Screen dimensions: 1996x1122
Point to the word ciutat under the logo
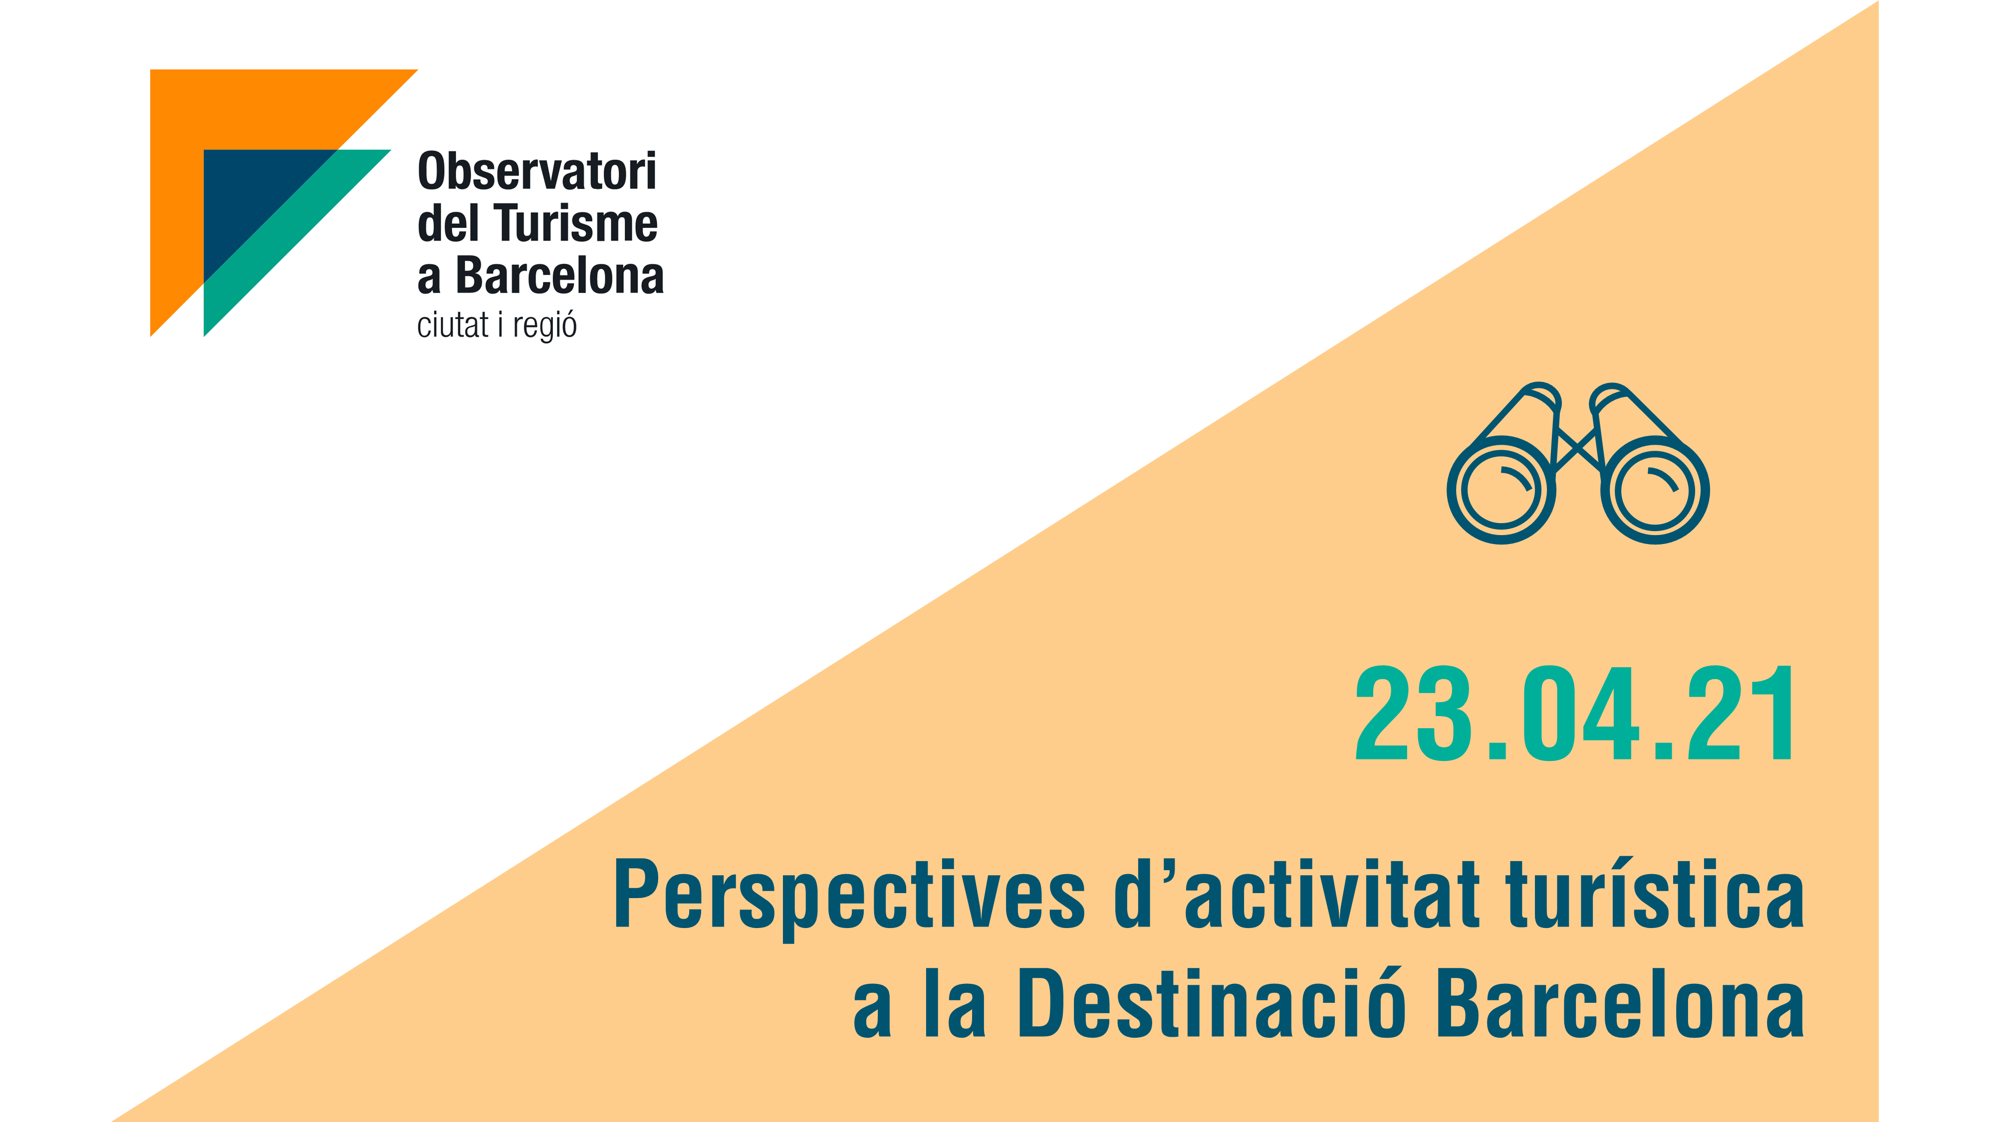tap(453, 325)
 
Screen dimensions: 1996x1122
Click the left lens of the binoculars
tap(1501, 490)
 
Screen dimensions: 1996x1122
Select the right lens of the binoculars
tap(1655, 490)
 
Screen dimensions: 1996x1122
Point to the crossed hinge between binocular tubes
tap(1577, 449)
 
